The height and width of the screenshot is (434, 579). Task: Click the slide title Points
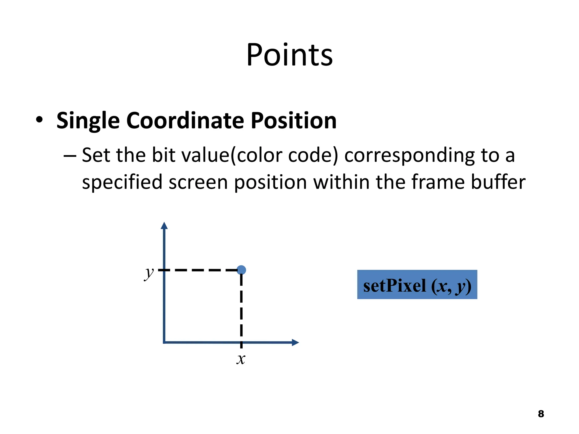[x=289, y=55]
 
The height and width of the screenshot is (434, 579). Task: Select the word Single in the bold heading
[x=88, y=121]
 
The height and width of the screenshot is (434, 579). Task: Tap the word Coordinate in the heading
[x=185, y=120]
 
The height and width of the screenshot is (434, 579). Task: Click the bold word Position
[x=294, y=120]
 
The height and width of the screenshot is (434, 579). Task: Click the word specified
[x=122, y=182]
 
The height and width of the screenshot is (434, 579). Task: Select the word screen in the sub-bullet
[x=198, y=182]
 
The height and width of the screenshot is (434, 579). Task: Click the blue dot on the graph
[x=241, y=270]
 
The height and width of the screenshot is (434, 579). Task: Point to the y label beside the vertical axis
[x=149, y=273]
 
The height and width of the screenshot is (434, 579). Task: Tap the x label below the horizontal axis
[x=241, y=359]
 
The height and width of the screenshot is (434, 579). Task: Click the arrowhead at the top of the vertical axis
[x=164, y=226]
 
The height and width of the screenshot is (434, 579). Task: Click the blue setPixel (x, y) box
[x=417, y=285]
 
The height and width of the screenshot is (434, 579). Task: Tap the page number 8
[x=541, y=414]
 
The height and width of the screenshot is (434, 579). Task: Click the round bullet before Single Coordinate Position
[x=39, y=120]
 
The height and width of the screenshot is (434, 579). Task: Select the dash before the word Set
[x=70, y=156]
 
